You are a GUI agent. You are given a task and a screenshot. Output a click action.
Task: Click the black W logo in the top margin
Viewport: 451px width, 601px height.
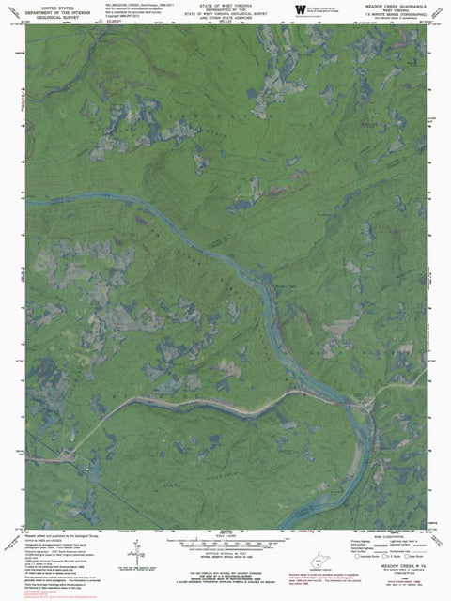pos(300,9)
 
